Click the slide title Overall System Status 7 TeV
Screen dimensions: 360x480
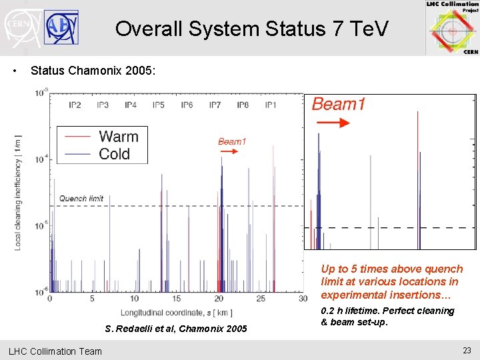tap(251, 29)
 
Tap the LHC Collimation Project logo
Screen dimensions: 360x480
tap(453, 28)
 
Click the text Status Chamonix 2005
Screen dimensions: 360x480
tap(93, 70)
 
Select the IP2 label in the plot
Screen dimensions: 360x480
tap(75, 105)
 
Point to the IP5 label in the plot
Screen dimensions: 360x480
tap(159, 105)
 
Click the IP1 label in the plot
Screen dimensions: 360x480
tap(271, 105)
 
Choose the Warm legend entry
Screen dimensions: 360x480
tap(118, 137)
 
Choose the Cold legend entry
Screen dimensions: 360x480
tap(114, 154)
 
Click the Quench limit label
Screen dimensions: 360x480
tap(81, 198)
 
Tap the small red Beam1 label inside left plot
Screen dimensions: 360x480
tap(232, 141)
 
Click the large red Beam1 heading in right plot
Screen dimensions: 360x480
tap(339, 105)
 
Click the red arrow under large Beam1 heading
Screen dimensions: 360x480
tap(332, 123)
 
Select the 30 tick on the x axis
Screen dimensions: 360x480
tap(303, 299)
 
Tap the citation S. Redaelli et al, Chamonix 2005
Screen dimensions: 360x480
tap(176, 329)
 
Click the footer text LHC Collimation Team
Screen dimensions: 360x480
tap(55, 351)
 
